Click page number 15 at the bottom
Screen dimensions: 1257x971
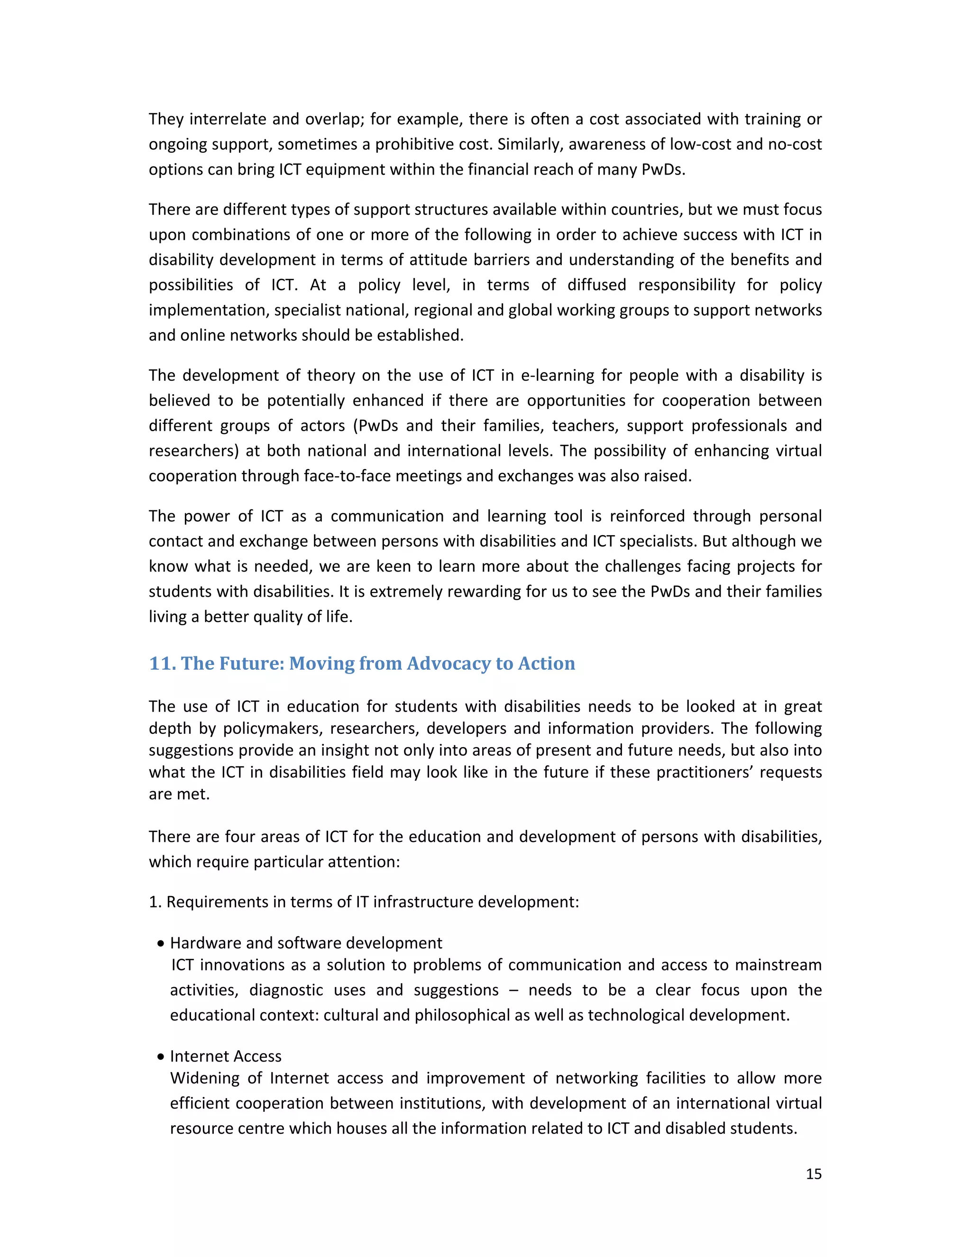click(x=814, y=1174)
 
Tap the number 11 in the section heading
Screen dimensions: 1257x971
click(x=162, y=664)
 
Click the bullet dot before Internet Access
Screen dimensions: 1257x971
click(x=161, y=1057)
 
